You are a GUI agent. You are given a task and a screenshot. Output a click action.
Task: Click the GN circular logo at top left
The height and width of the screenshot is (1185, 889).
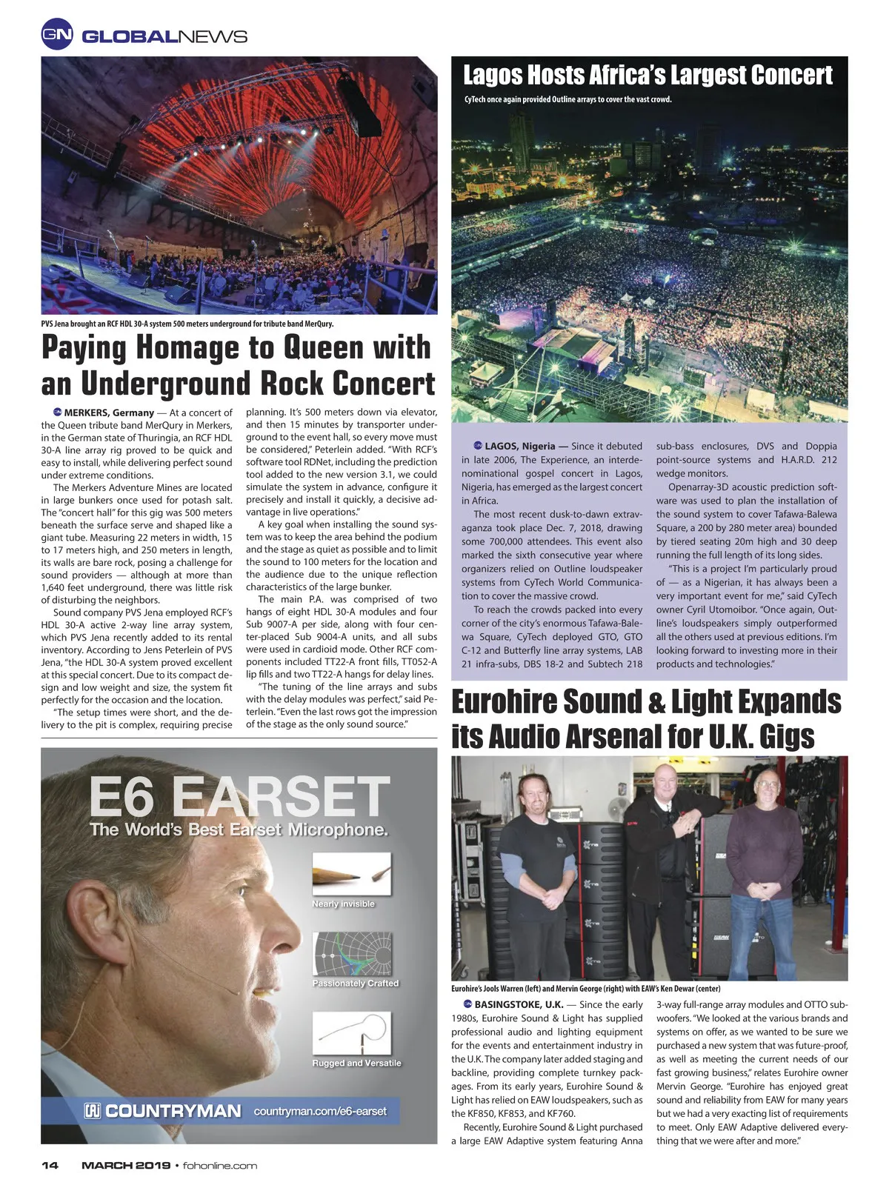point(57,35)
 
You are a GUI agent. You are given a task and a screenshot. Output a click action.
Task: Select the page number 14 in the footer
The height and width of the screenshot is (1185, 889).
point(50,1165)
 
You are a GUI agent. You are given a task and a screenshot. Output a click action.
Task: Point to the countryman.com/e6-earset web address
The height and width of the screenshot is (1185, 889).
point(319,1111)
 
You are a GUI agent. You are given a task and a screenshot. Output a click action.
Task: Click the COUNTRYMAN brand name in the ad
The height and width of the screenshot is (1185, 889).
point(173,1111)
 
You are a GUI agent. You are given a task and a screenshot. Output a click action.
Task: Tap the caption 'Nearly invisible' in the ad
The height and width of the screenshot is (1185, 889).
point(343,904)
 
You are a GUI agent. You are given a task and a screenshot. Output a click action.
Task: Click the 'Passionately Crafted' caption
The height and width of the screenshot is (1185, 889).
point(356,983)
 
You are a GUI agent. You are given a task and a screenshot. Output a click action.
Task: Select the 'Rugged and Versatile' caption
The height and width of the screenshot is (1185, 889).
point(356,1063)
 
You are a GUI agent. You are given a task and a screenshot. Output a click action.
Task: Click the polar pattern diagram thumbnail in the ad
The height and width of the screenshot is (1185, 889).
point(352,952)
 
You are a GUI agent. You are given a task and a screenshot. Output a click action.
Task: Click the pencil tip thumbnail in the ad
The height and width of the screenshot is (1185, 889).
point(351,874)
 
